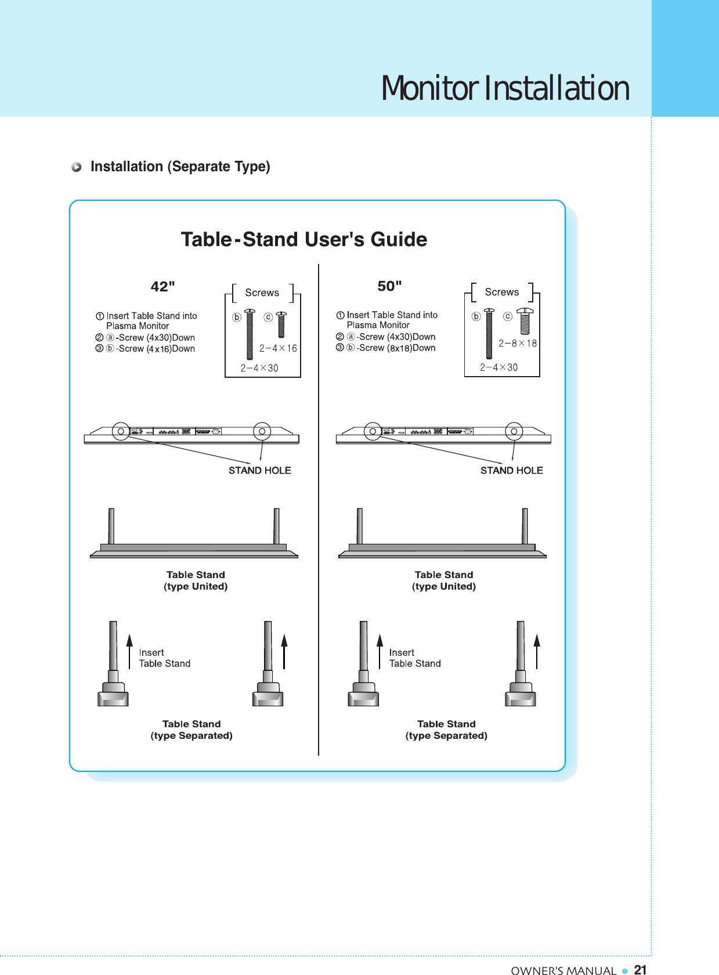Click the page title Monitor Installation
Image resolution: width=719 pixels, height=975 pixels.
click(505, 88)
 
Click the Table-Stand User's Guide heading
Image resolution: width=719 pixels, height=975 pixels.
click(304, 239)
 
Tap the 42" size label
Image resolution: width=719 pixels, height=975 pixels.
click(162, 287)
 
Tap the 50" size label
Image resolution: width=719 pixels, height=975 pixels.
click(389, 286)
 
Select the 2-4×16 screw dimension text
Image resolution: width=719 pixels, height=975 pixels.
click(278, 348)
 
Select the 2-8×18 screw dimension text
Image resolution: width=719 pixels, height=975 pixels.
click(518, 343)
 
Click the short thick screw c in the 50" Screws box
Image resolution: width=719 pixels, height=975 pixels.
click(525, 322)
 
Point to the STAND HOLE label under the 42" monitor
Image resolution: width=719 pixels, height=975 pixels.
click(259, 470)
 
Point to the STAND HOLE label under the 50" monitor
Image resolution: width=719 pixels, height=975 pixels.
click(511, 470)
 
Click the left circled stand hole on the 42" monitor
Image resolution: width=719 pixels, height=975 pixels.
click(121, 431)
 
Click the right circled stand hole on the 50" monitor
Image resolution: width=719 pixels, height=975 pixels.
click(514, 431)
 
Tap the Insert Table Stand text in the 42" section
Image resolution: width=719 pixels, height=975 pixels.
click(164, 658)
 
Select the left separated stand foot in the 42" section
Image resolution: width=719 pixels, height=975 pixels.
click(113, 694)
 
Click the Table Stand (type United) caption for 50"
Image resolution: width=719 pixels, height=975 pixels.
click(444, 580)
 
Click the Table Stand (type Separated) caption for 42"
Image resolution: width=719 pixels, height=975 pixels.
click(192, 730)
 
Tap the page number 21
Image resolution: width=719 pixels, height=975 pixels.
click(640, 970)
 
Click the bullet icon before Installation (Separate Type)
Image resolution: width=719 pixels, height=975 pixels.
click(77, 167)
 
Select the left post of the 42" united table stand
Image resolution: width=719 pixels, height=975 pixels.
click(111, 526)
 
